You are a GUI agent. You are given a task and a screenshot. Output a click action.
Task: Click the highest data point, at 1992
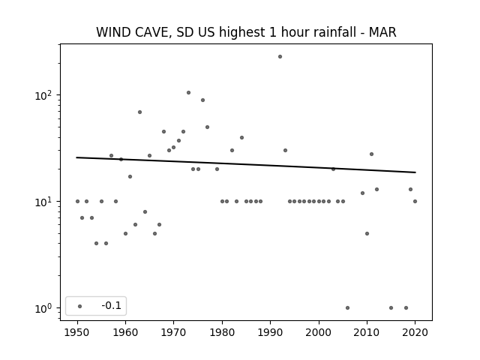click(280, 57)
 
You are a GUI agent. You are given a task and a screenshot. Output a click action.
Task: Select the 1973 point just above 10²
click(188, 93)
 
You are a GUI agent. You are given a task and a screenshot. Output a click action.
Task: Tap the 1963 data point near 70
click(139, 112)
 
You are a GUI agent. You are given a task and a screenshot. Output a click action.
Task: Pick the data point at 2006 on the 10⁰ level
click(347, 308)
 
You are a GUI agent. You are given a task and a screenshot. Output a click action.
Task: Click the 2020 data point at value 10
click(415, 202)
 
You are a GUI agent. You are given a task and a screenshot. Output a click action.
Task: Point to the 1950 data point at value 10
click(77, 202)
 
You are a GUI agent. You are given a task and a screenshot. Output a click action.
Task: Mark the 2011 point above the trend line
click(372, 154)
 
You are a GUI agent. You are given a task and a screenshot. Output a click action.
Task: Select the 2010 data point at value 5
click(367, 233)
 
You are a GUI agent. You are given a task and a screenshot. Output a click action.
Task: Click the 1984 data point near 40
click(241, 138)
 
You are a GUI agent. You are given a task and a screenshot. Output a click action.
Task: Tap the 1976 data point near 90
click(202, 100)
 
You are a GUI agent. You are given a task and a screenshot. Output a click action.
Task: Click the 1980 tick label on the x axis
click(222, 332)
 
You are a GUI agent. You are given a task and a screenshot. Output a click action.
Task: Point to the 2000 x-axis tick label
click(319, 332)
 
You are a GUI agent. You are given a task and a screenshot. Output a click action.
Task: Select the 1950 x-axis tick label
click(77, 332)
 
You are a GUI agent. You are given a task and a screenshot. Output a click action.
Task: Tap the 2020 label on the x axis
click(415, 332)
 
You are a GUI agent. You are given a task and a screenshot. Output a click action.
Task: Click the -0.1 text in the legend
click(112, 305)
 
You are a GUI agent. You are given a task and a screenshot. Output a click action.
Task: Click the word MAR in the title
click(382, 32)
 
